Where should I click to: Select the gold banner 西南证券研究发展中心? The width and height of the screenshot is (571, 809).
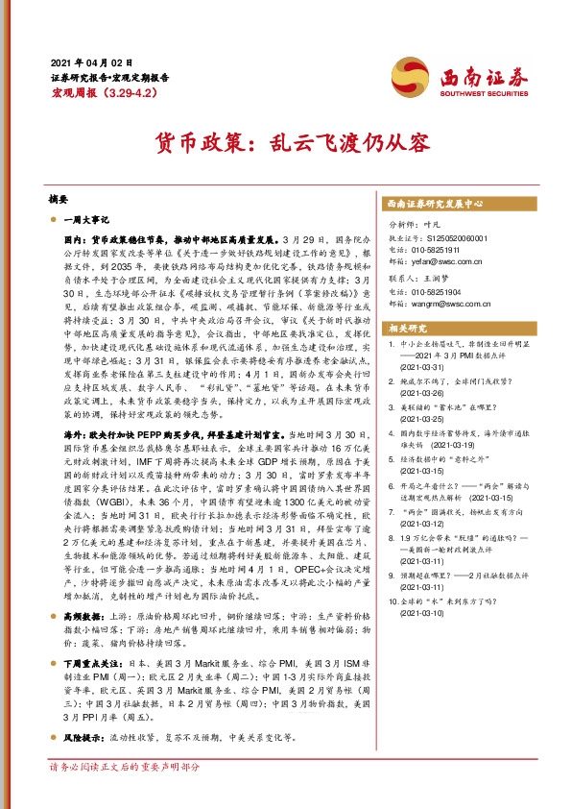pos(434,205)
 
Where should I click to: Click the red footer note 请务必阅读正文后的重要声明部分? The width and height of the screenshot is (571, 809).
pos(125,768)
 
